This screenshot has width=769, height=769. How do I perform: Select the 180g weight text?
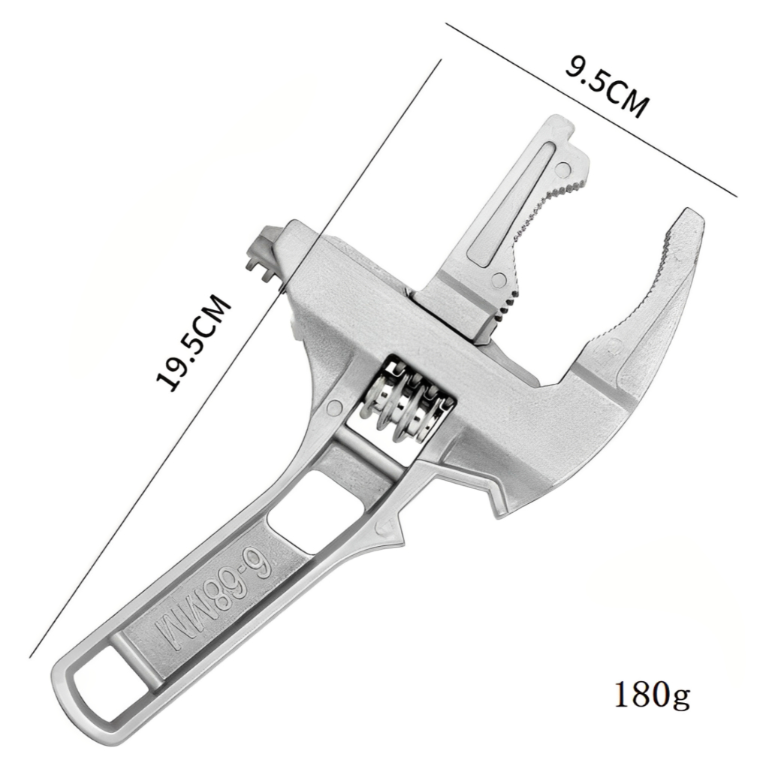click(x=652, y=693)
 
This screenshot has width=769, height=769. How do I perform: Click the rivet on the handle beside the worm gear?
click(x=334, y=406)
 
